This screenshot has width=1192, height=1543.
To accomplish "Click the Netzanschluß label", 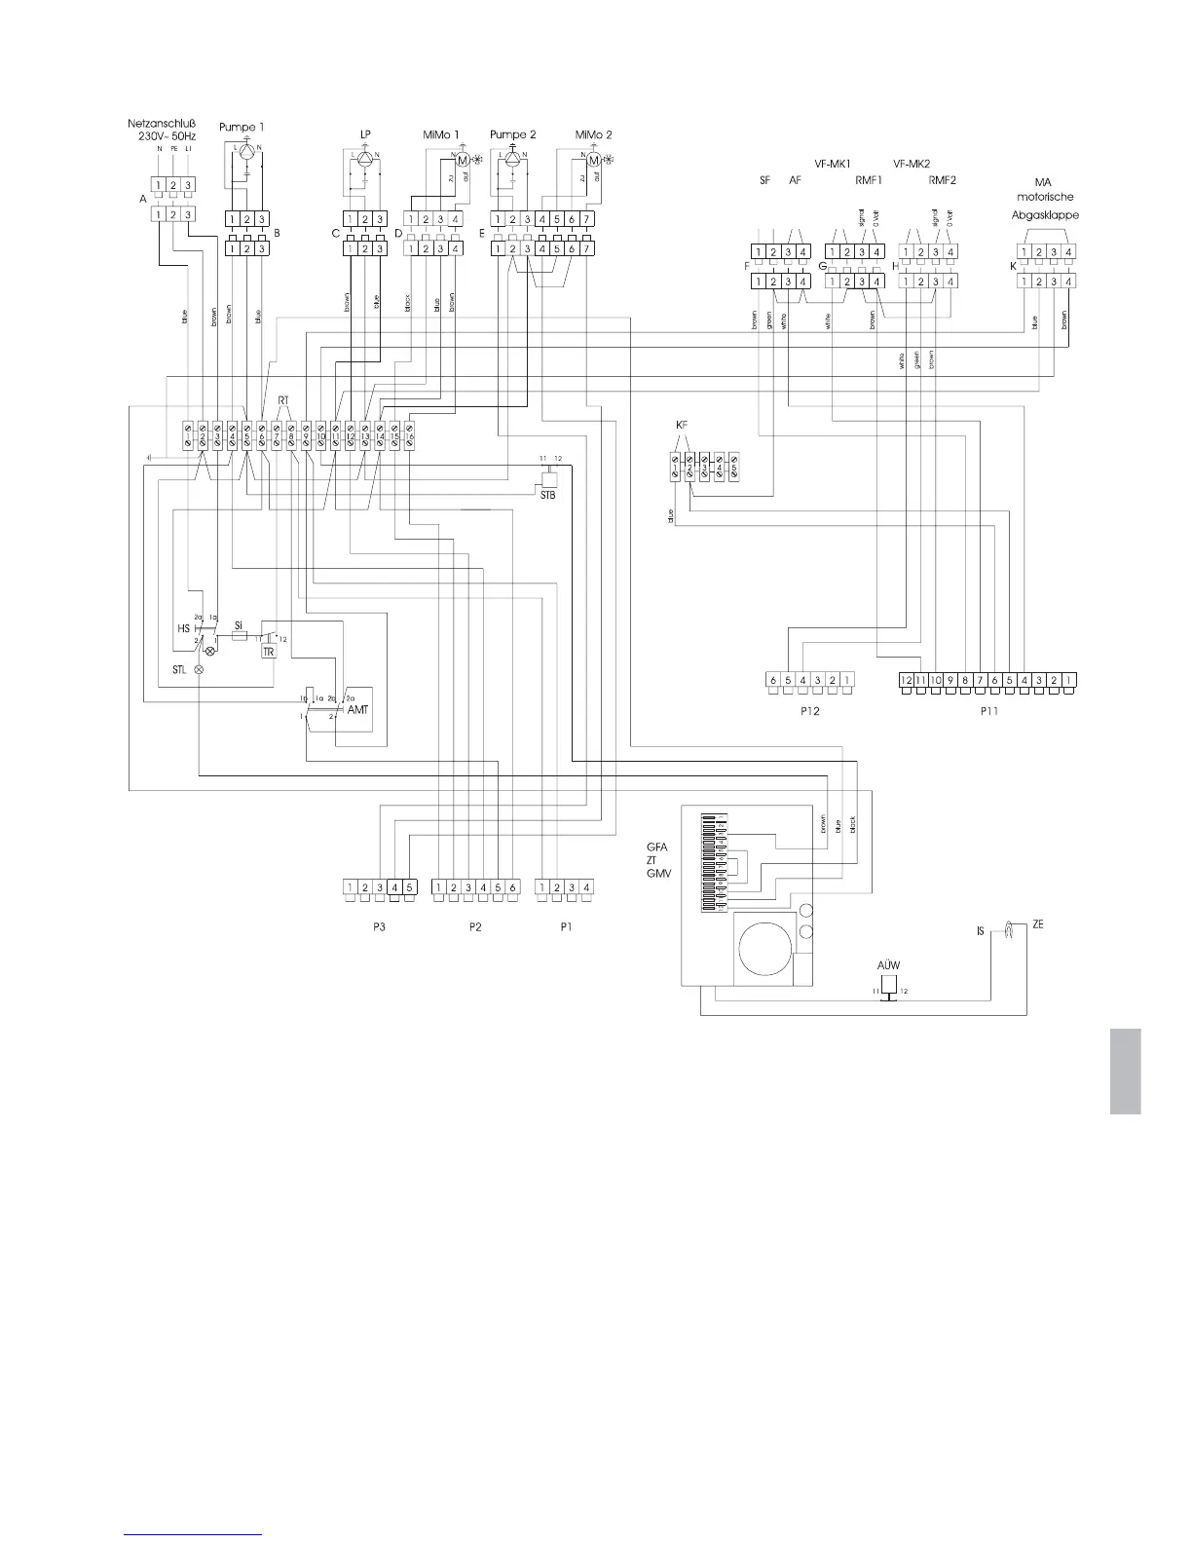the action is coord(162,124).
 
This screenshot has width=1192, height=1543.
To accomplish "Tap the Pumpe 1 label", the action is coord(241,127).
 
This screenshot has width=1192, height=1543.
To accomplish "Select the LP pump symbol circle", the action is coord(364,158).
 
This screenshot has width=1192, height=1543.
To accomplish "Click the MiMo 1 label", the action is coord(442,134).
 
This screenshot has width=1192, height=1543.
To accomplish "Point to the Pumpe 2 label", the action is coord(513,134).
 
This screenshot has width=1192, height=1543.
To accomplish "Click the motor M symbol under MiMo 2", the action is coord(594,159).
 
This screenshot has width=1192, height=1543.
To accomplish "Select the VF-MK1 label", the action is coord(833,164).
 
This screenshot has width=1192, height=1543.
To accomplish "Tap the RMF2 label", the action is coord(943,180).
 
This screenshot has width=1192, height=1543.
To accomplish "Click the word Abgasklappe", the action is coord(1046,215).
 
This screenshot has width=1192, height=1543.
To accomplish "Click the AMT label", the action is coord(358,712).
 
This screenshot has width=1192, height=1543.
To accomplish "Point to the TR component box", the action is coord(269,652).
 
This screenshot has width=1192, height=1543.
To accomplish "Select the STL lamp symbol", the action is coord(200,670).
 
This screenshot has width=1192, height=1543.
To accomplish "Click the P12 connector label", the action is coord(807,711).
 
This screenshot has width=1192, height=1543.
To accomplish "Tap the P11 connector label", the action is coord(989,711).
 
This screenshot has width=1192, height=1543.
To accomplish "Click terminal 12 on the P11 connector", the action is coord(905,679).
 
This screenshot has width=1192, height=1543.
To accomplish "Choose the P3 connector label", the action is coord(379,926).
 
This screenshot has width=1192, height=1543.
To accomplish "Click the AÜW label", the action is coord(888,966).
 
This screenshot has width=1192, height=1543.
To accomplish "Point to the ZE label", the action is coord(1038,924).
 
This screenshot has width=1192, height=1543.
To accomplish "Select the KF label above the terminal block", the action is coord(682,426).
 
